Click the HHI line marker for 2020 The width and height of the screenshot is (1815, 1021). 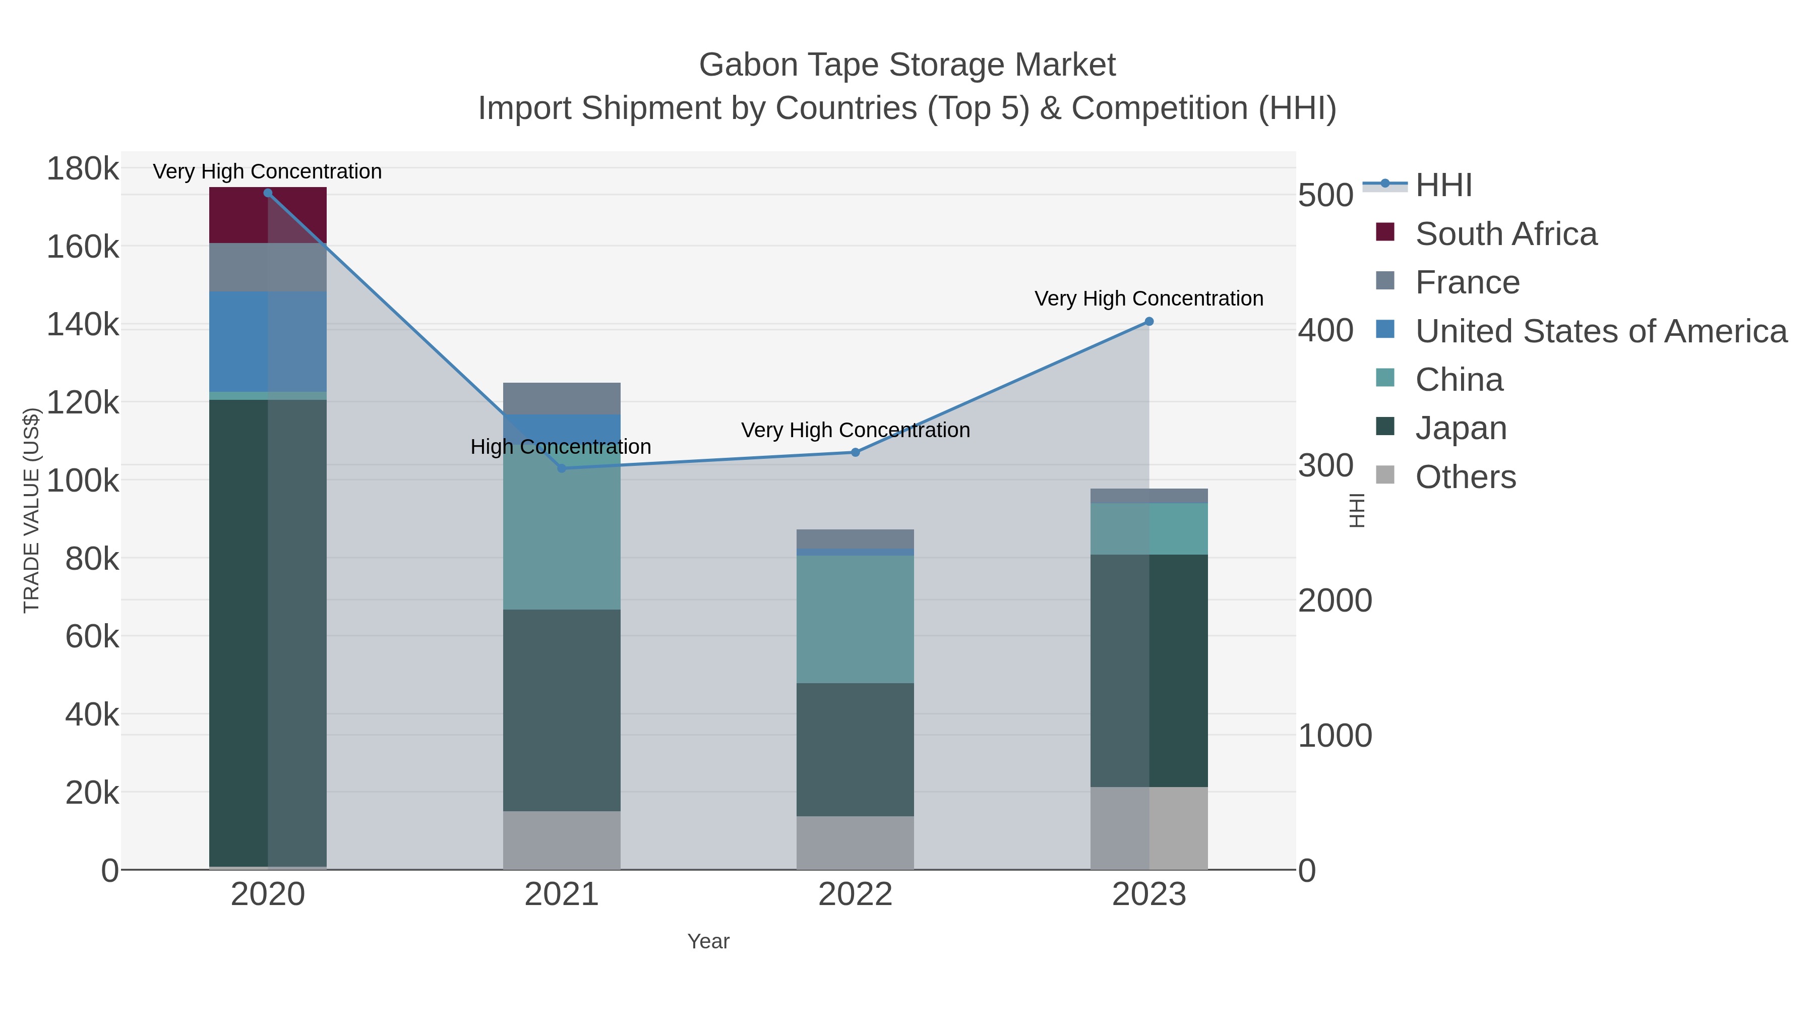pos(268,193)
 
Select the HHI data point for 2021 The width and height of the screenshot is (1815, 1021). pos(562,468)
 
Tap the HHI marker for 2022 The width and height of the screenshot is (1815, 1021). pos(856,452)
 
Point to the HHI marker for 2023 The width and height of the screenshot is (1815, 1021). pos(1149,322)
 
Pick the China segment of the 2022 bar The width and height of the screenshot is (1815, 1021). pos(856,619)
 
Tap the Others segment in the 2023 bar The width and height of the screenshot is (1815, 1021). pos(1149,828)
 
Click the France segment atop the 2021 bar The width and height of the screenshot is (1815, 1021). pos(562,398)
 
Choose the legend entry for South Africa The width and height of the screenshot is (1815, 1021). pos(1505,234)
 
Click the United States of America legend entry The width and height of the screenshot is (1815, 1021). pos(1601,331)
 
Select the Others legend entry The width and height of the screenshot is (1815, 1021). pos(1466,477)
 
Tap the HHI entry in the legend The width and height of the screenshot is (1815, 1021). pos(1443,186)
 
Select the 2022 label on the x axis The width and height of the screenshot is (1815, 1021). pos(856,895)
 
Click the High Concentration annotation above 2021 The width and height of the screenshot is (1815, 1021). pos(561,447)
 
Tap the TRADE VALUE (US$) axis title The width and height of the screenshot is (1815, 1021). pos(32,510)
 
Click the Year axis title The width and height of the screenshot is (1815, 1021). pos(708,941)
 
